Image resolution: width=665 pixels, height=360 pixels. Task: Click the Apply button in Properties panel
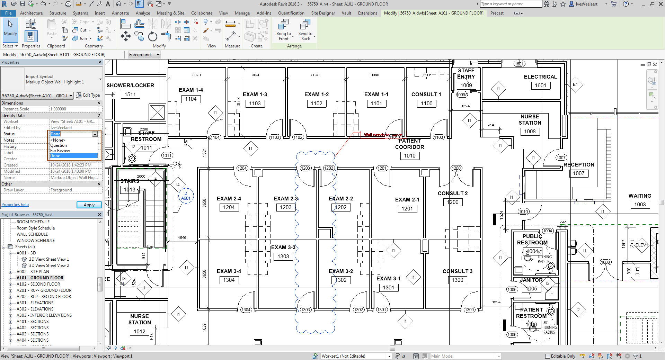(x=89, y=205)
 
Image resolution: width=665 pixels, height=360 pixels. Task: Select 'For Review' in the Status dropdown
(x=60, y=151)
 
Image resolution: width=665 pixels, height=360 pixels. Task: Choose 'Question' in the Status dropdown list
(x=59, y=145)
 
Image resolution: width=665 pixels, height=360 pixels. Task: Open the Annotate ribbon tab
(x=120, y=13)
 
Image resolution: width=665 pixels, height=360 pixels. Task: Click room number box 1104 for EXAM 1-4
(x=191, y=99)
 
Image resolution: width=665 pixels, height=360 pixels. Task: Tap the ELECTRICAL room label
(x=540, y=77)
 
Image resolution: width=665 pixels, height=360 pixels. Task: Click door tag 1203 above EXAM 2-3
(x=305, y=168)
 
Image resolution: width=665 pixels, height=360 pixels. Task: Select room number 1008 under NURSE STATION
(x=530, y=132)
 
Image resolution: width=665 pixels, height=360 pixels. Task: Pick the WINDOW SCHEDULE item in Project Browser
(x=36, y=241)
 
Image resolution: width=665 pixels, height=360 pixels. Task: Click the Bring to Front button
(x=284, y=30)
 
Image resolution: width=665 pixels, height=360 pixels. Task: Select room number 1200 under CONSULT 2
(x=453, y=202)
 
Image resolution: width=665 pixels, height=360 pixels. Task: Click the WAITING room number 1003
(x=640, y=205)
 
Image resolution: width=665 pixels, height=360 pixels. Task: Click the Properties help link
(x=15, y=205)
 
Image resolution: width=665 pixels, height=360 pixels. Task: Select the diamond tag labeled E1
(x=575, y=84)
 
